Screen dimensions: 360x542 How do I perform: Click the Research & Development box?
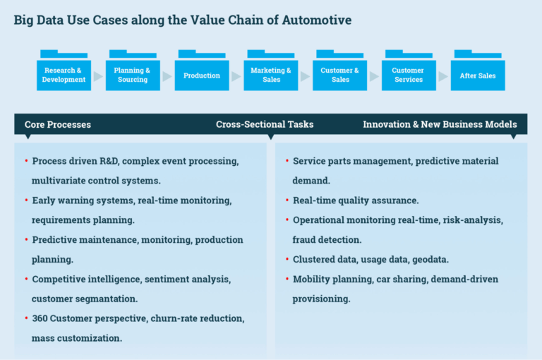64,75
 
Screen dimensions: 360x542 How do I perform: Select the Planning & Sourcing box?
133,75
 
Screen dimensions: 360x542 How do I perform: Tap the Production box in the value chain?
202,75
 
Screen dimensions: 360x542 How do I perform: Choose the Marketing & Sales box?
271,75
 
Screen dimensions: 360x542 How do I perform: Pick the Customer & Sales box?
340,75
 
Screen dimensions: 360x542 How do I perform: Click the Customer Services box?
408,75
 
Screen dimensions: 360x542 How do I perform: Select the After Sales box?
478,75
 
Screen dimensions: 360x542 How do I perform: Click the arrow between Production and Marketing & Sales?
236,76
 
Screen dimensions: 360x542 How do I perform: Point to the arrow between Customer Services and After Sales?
442,76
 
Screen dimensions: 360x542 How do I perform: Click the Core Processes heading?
58,124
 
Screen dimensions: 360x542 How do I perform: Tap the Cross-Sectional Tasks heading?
265,124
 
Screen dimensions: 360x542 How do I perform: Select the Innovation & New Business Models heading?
440,124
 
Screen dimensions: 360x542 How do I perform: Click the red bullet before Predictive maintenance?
26,239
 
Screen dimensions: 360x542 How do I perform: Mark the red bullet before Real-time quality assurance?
287,200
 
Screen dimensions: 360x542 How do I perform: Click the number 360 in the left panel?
41,318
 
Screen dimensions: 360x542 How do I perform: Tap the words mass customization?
77,338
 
